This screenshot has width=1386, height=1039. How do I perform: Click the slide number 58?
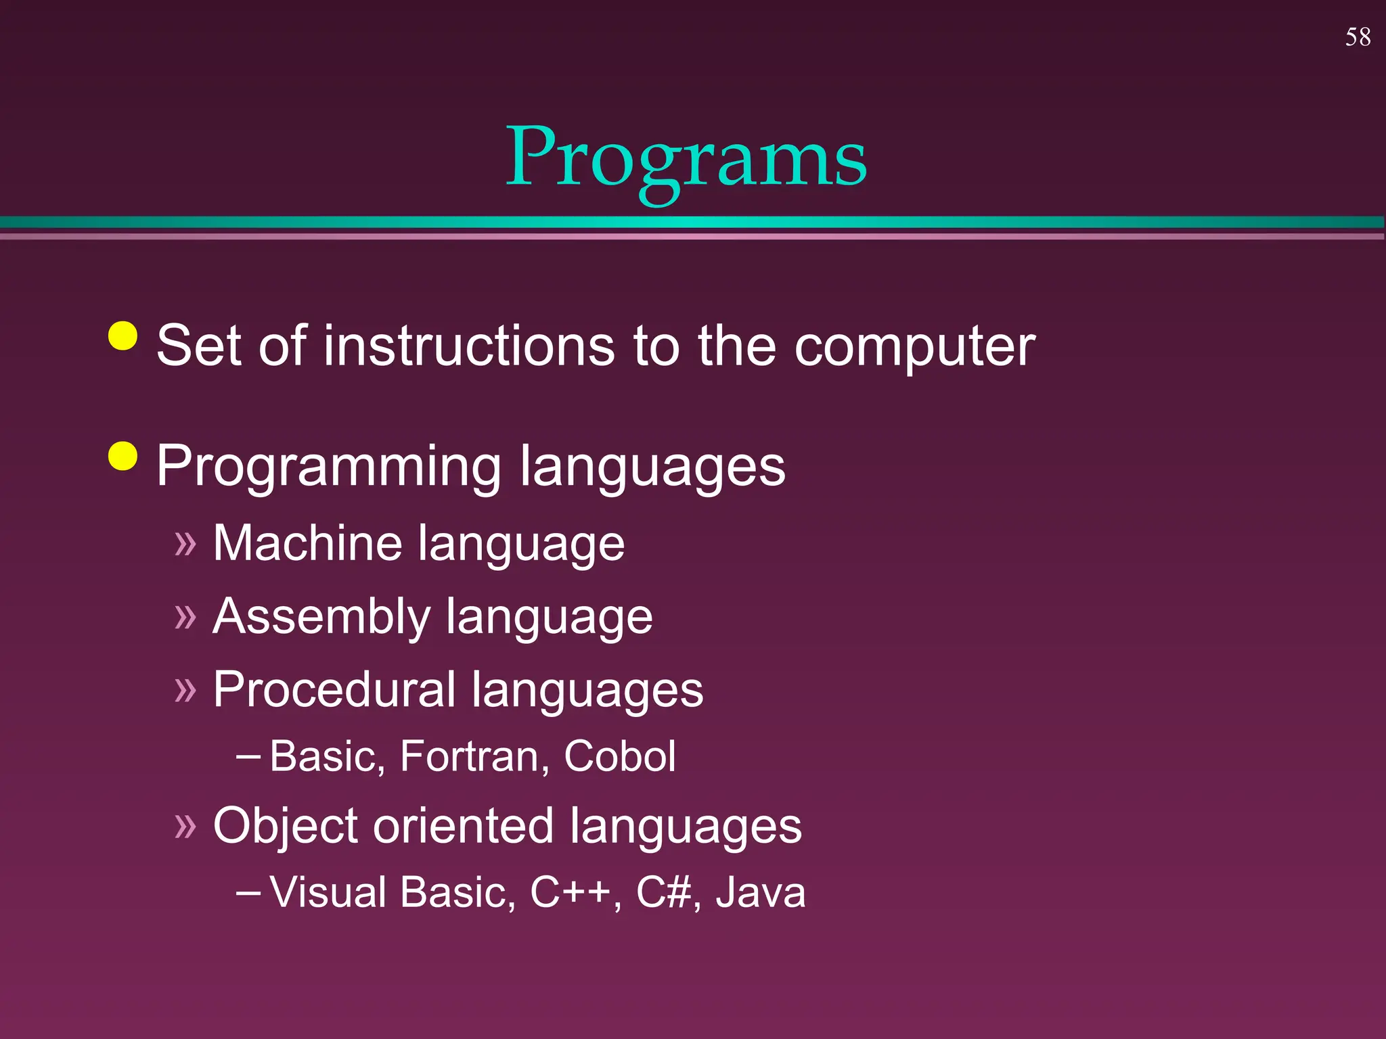[x=1358, y=37]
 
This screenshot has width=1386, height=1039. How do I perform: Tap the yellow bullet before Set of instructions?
[x=123, y=336]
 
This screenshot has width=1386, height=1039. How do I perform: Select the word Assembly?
[x=321, y=617]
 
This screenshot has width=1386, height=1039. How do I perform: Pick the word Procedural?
[x=334, y=690]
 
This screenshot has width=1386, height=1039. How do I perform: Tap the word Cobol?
[x=619, y=756]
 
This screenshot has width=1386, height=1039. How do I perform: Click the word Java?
[x=761, y=893]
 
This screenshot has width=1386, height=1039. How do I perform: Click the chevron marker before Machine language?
[x=185, y=544]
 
